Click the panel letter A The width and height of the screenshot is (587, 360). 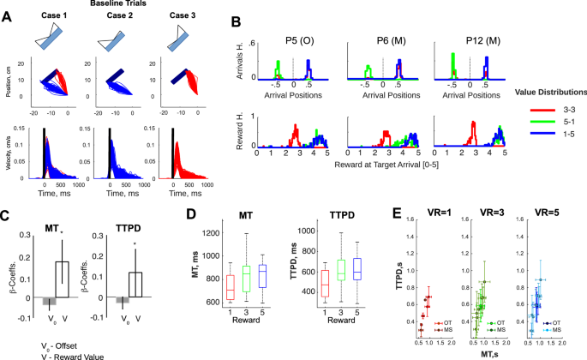[7, 15]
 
